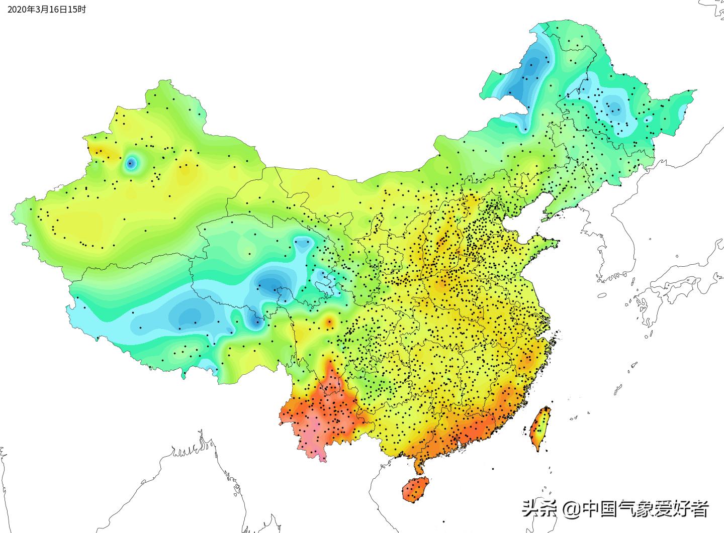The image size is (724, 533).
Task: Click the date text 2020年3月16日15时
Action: click(47, 9)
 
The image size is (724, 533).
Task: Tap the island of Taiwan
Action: click(540, 429)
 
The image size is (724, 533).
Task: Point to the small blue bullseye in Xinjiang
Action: click(131, 163)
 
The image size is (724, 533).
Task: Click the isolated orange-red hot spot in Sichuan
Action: click(329, 322)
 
